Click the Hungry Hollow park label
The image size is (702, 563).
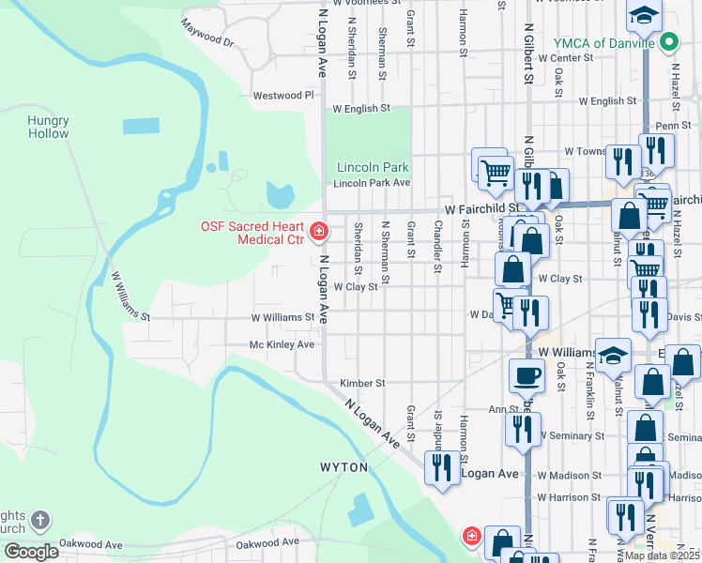pos(48,127)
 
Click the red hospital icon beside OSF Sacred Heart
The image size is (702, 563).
pos(319,231)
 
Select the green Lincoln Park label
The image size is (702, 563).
pos(369,168)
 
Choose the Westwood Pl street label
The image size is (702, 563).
pos(282,96)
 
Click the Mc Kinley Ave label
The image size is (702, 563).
pos(281,344)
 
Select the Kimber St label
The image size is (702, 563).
pos(362,383)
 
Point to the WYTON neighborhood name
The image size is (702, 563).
pos(343,466)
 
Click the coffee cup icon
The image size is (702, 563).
pos(526,374)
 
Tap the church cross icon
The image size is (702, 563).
pos(39,519)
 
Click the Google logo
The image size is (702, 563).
pos(31,552)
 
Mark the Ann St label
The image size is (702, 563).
pos(503,409)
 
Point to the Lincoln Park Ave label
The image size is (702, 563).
pos(373,183)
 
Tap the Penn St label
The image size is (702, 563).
pos(673,125)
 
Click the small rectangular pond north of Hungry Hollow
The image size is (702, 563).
pos(142,126)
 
